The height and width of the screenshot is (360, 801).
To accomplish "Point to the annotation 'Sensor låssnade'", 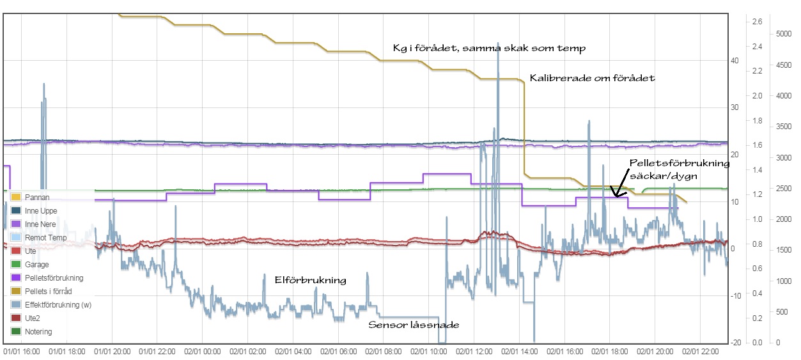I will point(414,325).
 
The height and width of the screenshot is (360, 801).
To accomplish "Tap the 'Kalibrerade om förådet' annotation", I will point(593,78).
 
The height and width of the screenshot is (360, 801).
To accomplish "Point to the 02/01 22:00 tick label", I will point(699,351).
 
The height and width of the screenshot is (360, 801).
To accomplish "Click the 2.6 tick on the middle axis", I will point(757,22).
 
